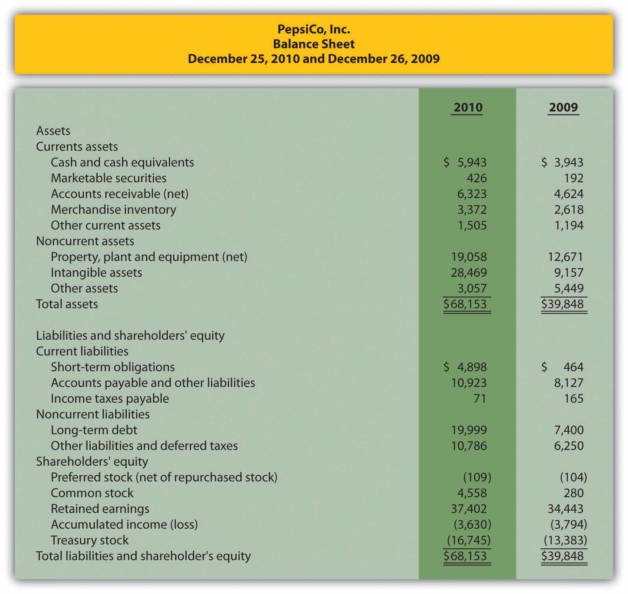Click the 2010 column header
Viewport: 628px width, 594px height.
tap(468, 107)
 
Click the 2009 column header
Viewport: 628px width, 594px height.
tap(563, 107)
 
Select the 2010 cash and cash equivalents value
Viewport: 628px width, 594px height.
tap(465, 162)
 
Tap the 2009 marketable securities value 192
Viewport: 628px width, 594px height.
tap(574, 178)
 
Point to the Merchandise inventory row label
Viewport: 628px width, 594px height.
tap(113, 209)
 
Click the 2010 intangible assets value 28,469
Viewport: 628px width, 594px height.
tap(469, 272)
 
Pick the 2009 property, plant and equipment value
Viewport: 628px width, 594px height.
tap(565, 257)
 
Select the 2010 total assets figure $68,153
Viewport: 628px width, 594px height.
tap(465, 304)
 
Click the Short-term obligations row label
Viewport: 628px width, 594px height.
tap(113, 367)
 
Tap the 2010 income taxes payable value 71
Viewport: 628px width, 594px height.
tap(480, 398)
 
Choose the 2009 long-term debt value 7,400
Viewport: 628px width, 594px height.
tap(569, 430)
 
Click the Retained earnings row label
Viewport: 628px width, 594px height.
tap(100, 509)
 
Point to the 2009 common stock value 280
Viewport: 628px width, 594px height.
tap(574, 493)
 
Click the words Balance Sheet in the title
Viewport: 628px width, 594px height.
tap(314, 44)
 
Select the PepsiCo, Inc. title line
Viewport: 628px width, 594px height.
tap(314, 29)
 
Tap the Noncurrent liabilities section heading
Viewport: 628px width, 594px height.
tap(93, 414)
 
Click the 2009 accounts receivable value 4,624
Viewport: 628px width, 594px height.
tap(569, 194)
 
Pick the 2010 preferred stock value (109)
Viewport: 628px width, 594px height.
tap(477, 477)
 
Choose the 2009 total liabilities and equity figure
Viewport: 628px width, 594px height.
tap(562, 556)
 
